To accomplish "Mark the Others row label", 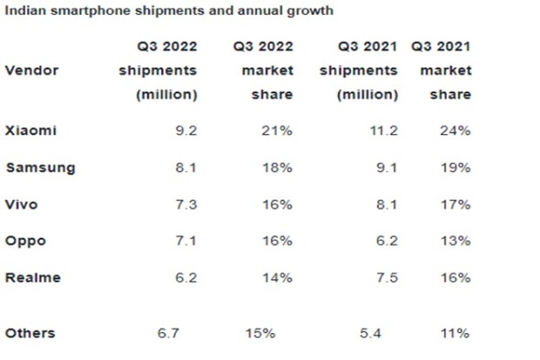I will pos(30,332).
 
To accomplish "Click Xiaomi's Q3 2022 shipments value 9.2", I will pos(186,131).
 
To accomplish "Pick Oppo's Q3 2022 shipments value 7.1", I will pos(186,241).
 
